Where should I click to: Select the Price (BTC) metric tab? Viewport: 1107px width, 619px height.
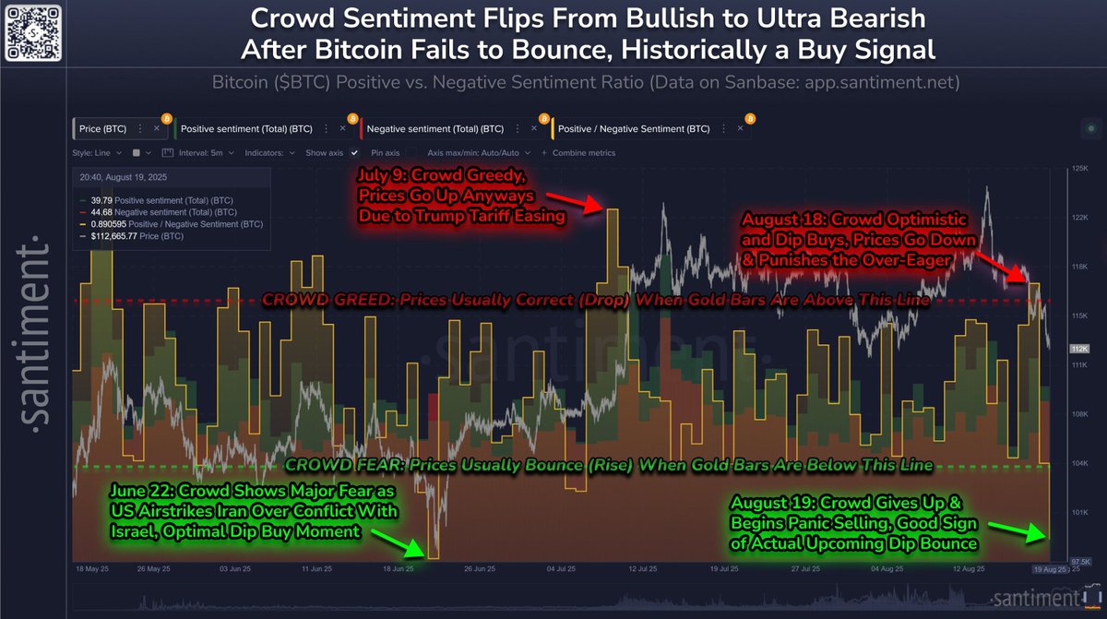102,129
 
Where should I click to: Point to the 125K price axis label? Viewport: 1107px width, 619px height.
1077,169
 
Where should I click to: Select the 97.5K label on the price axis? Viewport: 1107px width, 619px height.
1077,560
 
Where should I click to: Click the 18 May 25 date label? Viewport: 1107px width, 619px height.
92,569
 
